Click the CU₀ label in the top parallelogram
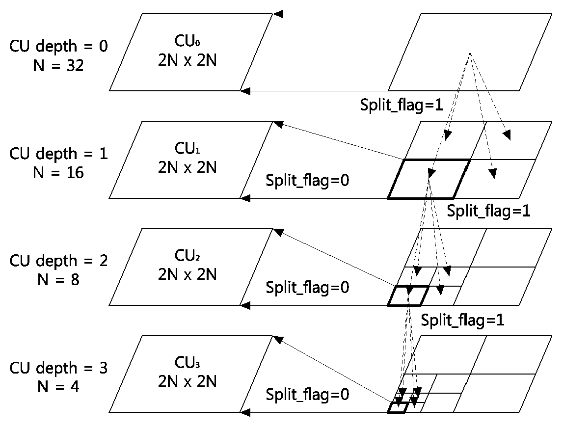pos(187,41)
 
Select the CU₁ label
pos(187,148)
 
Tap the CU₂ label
pos(187,255)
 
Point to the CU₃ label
pos(187,363)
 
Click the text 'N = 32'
pos(58,65)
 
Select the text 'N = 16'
pos(58,173)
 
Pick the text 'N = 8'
pos(58,279)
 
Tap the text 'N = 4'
pos(58,387)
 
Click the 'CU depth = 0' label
pos(58,47)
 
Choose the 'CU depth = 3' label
pos(58,368)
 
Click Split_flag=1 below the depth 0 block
pos(402,105)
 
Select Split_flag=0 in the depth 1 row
pos(307,180)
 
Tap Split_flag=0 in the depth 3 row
pos(307,395)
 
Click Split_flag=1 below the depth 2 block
pos(462,320)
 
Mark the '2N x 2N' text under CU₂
pos(188,275)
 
